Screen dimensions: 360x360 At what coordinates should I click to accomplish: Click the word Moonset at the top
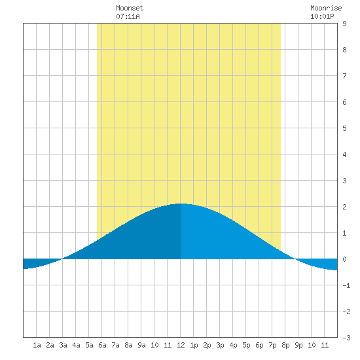(x=130, y=8)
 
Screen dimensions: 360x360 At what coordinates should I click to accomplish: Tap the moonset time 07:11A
(x=128, y=16)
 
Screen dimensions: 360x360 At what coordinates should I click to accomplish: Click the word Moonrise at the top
(x=326, y=8)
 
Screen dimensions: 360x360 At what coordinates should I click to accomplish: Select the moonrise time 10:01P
(x=322, y=16)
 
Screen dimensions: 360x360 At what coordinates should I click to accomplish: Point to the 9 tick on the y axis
(x=344, y=24)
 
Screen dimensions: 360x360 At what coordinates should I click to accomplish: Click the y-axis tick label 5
(x=344, y=128)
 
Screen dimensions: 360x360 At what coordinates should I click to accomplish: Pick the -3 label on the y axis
(x=346, y=338)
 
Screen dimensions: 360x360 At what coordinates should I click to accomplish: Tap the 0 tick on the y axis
(x=344, y=259)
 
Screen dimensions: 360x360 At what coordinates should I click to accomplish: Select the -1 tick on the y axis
(x=346, y=285)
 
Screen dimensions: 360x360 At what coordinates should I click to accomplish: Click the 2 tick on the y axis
(x=344, y=207)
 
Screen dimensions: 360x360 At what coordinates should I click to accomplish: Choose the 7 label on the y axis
(x=344, y=76)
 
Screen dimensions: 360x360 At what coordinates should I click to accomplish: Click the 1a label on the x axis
(x=37, y=345)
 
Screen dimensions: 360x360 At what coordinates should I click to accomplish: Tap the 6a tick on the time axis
(x=102, y=345)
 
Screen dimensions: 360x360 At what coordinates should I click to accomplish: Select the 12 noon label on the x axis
(x=181, y=345)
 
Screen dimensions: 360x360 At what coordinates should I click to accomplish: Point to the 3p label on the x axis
(x=220, y=345)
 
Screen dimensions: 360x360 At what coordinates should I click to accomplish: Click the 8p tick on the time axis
(x=285, y=345)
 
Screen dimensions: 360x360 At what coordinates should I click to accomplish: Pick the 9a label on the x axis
(x=141, y=345)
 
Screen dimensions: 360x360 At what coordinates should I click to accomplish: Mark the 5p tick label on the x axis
(x=246, y=345)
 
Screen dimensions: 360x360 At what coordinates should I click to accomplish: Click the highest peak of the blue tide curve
(x=181, y=204)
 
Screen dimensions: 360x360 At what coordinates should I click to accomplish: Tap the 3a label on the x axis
(x=63, y=345)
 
